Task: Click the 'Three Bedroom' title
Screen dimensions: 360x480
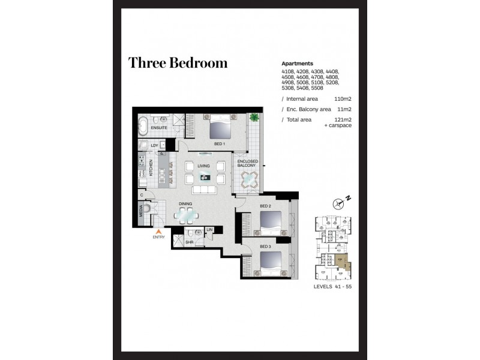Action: coord(178,63)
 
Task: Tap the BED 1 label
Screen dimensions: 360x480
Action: coord(219,144)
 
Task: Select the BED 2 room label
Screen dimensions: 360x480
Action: coord(265,206)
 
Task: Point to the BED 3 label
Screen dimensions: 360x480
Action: coord(265,247)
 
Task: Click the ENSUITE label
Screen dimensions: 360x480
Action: coord(159,128)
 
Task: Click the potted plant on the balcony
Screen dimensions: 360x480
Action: coord(254,117)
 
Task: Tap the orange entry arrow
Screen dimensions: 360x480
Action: coord(158,231)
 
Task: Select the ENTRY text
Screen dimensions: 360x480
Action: coord(158,238)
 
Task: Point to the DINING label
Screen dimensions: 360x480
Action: coord(185,203)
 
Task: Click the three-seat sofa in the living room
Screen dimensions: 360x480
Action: coord(205,190)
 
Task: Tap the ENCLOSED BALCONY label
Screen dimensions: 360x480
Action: coord(248,164)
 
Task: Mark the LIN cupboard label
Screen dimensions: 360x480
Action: coord(209,230)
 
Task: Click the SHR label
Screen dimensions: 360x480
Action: coord(188,242)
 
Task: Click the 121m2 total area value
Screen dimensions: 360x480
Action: coord(343,120)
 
